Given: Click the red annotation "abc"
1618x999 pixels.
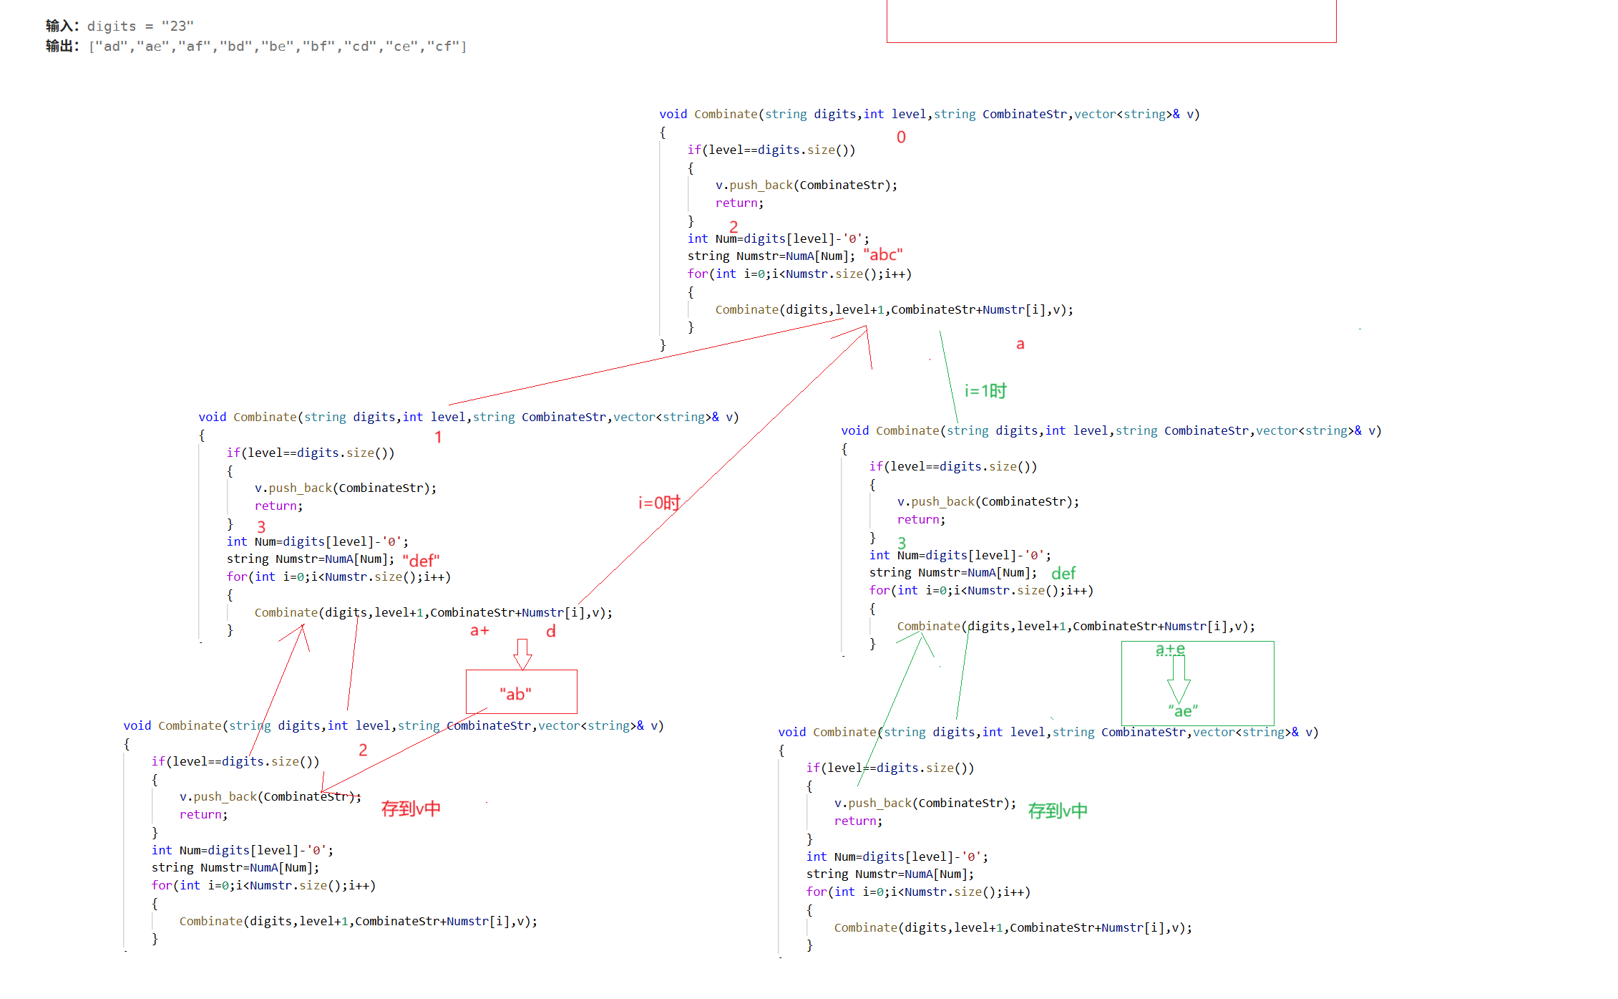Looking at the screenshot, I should pyautogui.click(x=883, y=255).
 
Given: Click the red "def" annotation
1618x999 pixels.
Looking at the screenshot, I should pyautogui.click(x=421, y=560).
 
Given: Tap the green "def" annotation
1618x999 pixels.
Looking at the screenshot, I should pyautogui.click(x=1063, y=574).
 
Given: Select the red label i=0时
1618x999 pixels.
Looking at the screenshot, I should pyautogui.click(x=659, y=503).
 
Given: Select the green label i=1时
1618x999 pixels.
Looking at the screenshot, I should pyautogui.click(x=985, y=391).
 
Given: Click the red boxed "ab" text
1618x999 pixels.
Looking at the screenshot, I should pyautogui.click(x=516, y=693).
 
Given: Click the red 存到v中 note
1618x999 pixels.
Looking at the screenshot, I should pyautogui.click(x=411, y=809).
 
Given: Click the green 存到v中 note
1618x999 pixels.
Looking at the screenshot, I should pyautogui.click(x=1058, y=811).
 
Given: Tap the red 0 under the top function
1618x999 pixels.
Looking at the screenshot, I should pyautogui.click(x=901, y=137).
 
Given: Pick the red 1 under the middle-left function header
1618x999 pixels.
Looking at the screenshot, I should pyautogui.click(x=438, y=437).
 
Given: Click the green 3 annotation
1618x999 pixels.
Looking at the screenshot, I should pyautogui.click(x=902, y=543).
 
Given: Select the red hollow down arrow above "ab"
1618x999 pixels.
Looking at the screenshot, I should pyautogui.click(x=523, y=653).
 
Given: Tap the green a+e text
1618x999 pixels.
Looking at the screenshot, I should pyautogui.click(x=1171, y=650).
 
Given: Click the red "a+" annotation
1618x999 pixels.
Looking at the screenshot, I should pyautogui.click(x=479, y=631).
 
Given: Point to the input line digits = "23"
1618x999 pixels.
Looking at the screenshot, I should pyautogui.click(x=120, y=26).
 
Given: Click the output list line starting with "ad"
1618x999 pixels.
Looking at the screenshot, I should pyautogui.click(x=255, y=47).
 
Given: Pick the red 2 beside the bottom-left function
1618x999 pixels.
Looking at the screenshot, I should pyautogui.click(x=363, y=750).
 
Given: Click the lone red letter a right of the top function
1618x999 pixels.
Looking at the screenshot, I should pyautogui.click(x=1020, y=344).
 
